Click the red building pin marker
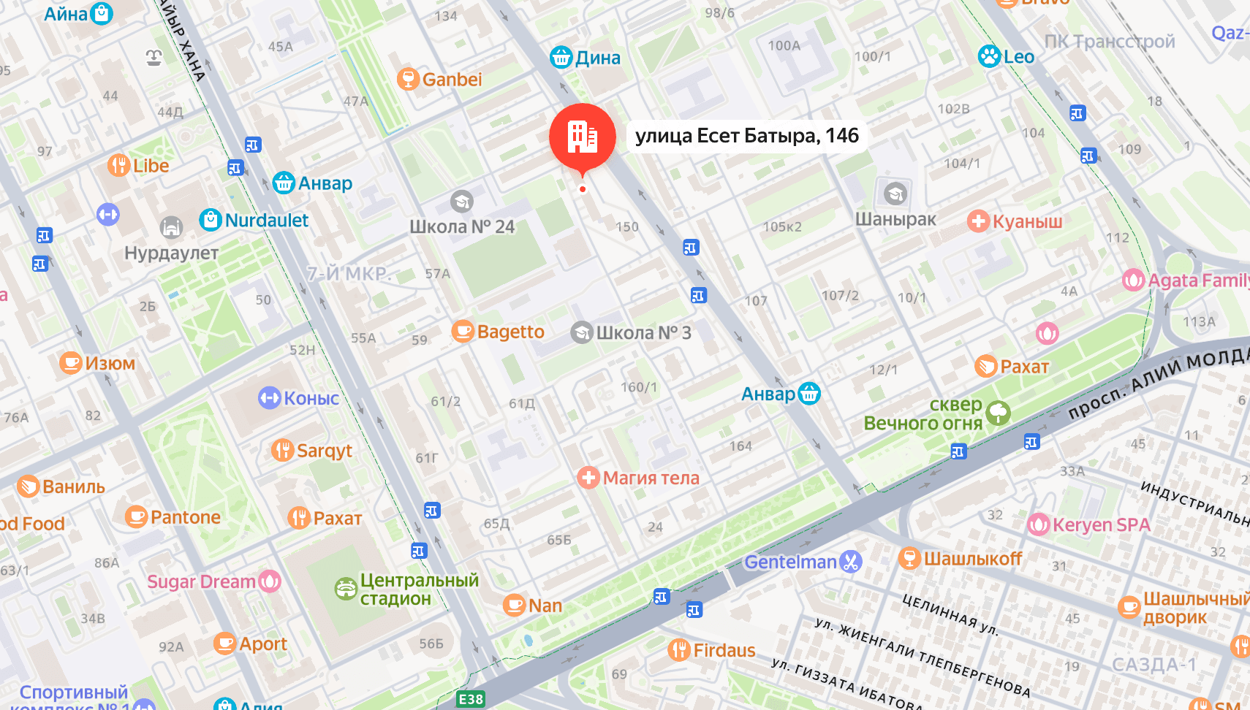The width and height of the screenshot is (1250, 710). pyautogui.click(x=582, y=137)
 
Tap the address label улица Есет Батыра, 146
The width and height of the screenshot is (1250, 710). pyautogui.click(x=746, y=136)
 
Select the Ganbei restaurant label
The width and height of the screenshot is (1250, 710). pyautogui.click(x=452, y=80)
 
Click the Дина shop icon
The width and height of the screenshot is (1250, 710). pyautogui.click(x=561, y=57)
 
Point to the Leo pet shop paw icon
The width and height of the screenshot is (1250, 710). pyautogui.click(x=989, y=56)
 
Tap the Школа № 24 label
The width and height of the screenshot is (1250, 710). pyautogui.click(x=462, y=227)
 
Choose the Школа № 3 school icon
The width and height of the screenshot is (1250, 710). pyautogui.click(x=582, y=332)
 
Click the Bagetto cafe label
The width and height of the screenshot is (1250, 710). pyautogui.click(x=510, y=332)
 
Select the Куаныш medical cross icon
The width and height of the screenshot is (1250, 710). pyautogui.click(x=978, y=221)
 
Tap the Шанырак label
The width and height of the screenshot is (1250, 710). pyautogui.click(x=895, y=220)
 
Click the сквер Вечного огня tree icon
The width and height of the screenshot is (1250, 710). pyautogui.click(x=998, y=413)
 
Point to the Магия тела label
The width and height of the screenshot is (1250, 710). pyautogui.click(x=651, y=478)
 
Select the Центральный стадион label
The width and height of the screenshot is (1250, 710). pyautogui.click(x=419, y=589)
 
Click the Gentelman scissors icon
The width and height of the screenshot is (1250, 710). pyautogui.click(x=851, y=561)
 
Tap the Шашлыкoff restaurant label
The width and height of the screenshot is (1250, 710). pyautogui.click(x=972, y=559)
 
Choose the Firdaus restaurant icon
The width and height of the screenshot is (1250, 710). pyautogui.click(x=679, y=649)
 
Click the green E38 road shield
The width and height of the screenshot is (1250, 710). pyautogui.click(x=471, y=699)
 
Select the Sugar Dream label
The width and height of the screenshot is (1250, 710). pyautogui.click(x=201, y=582)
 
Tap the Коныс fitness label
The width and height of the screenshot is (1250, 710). pyautogui.click(x=311, y=399)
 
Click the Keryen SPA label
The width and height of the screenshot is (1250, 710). pyautogui.click(x=1101, y=525)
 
